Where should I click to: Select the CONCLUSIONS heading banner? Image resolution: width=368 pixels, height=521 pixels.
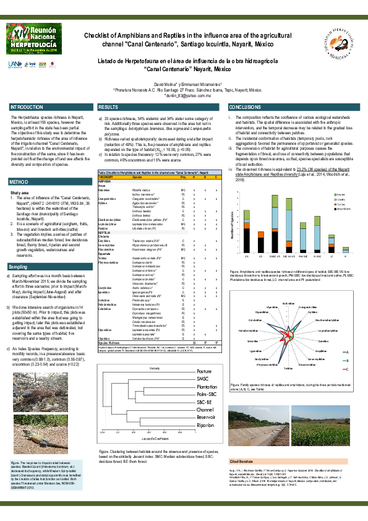point(245,108)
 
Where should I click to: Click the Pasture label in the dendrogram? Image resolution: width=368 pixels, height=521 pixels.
point(204,353)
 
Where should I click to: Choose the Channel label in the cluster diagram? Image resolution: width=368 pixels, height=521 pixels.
point(205,392)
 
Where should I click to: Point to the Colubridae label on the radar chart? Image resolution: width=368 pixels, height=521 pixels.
point(255,303)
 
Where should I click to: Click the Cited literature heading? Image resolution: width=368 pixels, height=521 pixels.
point(242,461)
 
